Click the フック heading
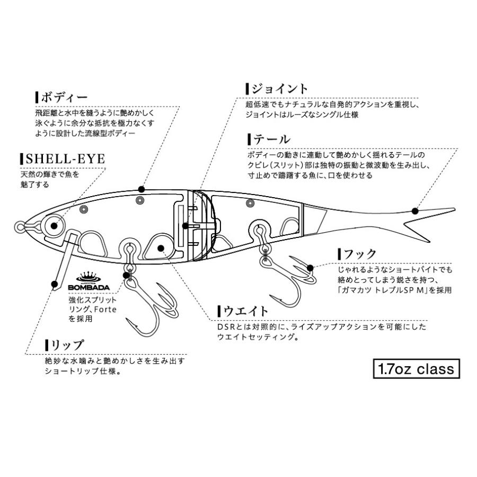tap(359, 253)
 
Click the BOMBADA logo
tap(89, 282)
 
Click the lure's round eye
tap(54, 225)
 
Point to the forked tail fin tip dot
tap(414, 210)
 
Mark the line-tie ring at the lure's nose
tap(20, 227)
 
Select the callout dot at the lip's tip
tap(54, 285)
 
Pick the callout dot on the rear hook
tap(312, 269)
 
